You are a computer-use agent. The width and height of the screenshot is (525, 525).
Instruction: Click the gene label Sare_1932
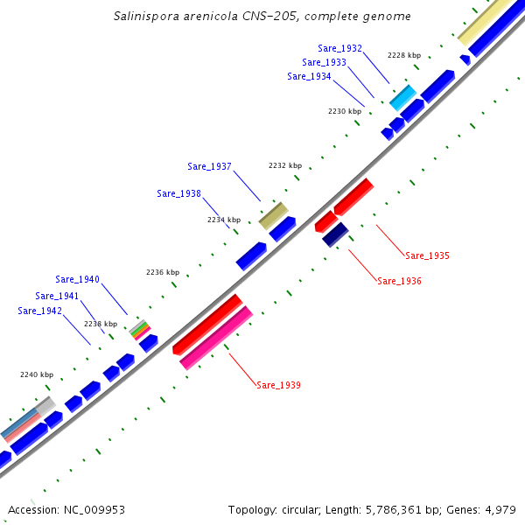pyautogui.click(x=340, y=49)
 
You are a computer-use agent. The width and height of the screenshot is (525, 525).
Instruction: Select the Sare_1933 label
pyautogui.click(x=324, y=62)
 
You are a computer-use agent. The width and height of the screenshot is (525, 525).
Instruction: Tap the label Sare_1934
pyautogui.click(x=309, y=76)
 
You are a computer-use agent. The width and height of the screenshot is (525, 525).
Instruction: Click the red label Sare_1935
pyautogui.click(x=427, y=255)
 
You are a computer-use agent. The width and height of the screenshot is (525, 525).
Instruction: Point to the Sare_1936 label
pyautogui.click(x=399, y=282)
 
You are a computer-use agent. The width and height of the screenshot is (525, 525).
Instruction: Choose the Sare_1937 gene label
pyautogui.click(x=209, y=166)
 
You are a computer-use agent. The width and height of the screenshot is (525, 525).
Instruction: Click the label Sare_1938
pyautogui.click(x=178, y=193)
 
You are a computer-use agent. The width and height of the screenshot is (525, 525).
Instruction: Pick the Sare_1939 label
pyautogui.click(x=278, y=385)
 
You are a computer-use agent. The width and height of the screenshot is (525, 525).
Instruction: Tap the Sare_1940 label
pyautogui.click(x=77, y=279)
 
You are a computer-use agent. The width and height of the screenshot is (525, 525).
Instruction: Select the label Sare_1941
pyautogui.click(x=57, y=296)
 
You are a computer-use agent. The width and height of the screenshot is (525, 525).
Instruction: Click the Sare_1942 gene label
pyautogui.click(x=39, y=311)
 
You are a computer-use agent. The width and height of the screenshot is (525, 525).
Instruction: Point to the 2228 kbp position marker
pyautogui.click(x=403, y=55)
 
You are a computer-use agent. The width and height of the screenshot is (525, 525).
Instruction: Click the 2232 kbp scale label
pyautogui.click(x=284, y=165)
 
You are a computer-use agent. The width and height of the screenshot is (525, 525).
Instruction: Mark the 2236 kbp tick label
pyautogui.click(x=162, y=272)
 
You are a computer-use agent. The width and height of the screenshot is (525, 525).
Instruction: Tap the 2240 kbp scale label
pyautogui.click(x=37, y=374)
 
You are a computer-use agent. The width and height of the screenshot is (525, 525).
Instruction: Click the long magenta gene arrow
pyautogui.click(x=216, y=338)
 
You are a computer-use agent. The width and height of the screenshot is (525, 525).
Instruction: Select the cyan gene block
pyautogui.click(x=402, y=97)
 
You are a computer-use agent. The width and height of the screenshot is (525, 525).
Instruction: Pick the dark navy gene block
pyautogui.click(x=335, y=234)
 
